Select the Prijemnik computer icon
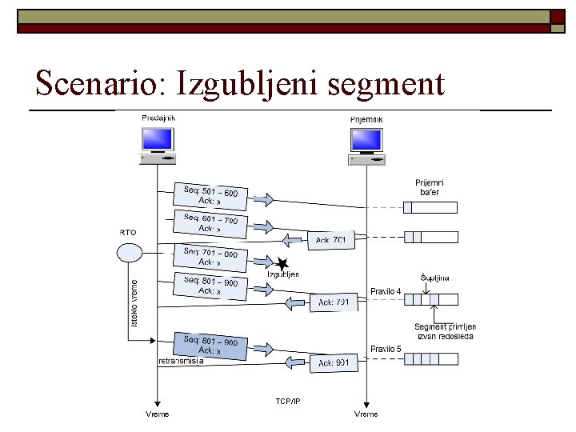[x=366, y=145]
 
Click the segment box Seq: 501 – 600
[x=210, y=196]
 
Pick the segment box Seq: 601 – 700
[x=210, y=223]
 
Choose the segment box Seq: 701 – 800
[x=210, y=257]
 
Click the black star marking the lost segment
[x=281, y=264]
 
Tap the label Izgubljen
[x=283, y=274]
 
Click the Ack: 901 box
[x=332, y=362]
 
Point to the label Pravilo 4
[x=386, y=291]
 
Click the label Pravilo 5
[x=386, y=349]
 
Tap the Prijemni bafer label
[x=430, y=187]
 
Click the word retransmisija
[x=182, y=361]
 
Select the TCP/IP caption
[x=288, y=400]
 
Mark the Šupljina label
[x=435, y=278]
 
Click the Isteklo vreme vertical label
[x=134, y=302]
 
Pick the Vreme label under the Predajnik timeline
[x=157, y=414]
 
